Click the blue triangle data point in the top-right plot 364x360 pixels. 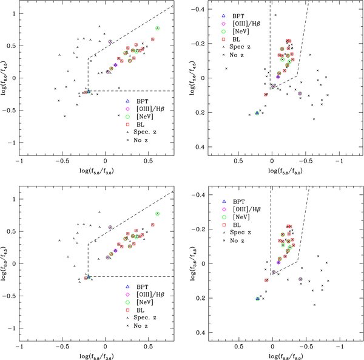[257, 114]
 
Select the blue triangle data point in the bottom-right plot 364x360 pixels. [257, 299]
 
